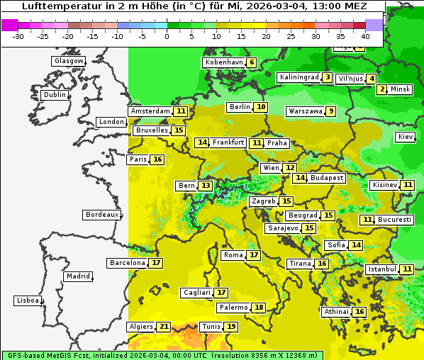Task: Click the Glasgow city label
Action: [68, 61]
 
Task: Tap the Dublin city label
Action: [54, 95]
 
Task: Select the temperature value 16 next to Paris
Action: [157, 159]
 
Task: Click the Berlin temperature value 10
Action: [262, 107]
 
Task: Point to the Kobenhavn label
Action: [224, 62]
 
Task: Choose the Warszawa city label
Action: [306, 111]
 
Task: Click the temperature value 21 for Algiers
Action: [164, 327]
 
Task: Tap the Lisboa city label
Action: [27, 300]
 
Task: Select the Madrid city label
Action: [78, 276]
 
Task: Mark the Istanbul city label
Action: [382, 269]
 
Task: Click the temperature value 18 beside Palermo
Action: [260, 308]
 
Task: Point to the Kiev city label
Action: [406, 137]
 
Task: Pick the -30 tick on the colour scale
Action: [18, 35]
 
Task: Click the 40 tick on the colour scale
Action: [365, 35]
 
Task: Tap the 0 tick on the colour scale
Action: [167, 35]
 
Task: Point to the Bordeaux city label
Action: [101, 215]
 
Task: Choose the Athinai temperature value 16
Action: [359, 312]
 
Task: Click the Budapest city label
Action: [327, 178]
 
